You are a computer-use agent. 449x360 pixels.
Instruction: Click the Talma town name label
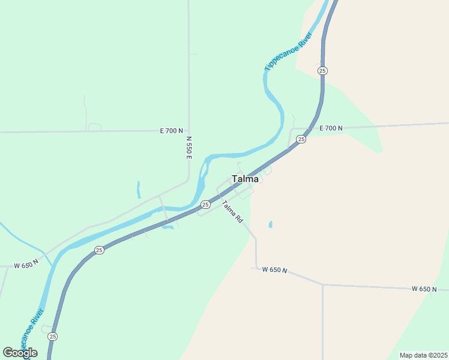245,179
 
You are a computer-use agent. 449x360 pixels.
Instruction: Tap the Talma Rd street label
232,212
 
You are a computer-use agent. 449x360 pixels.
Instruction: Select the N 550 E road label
188,147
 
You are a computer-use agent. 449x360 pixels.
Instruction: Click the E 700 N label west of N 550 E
170,130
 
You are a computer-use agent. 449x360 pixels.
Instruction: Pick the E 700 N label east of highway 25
331,128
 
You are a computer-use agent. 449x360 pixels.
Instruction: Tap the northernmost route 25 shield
323,71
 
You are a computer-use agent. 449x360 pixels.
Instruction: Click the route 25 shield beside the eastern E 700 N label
301,139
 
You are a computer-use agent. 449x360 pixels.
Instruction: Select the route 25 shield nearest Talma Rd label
205,205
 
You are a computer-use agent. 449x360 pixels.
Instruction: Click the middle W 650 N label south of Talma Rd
275,269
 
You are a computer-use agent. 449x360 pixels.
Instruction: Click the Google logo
20,352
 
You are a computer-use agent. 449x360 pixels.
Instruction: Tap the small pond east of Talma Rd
270,224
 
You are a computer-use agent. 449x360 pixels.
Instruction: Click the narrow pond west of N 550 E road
138,190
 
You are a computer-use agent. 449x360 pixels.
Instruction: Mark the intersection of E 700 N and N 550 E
188,130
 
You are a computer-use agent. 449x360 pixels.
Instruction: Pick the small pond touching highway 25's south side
167,226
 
